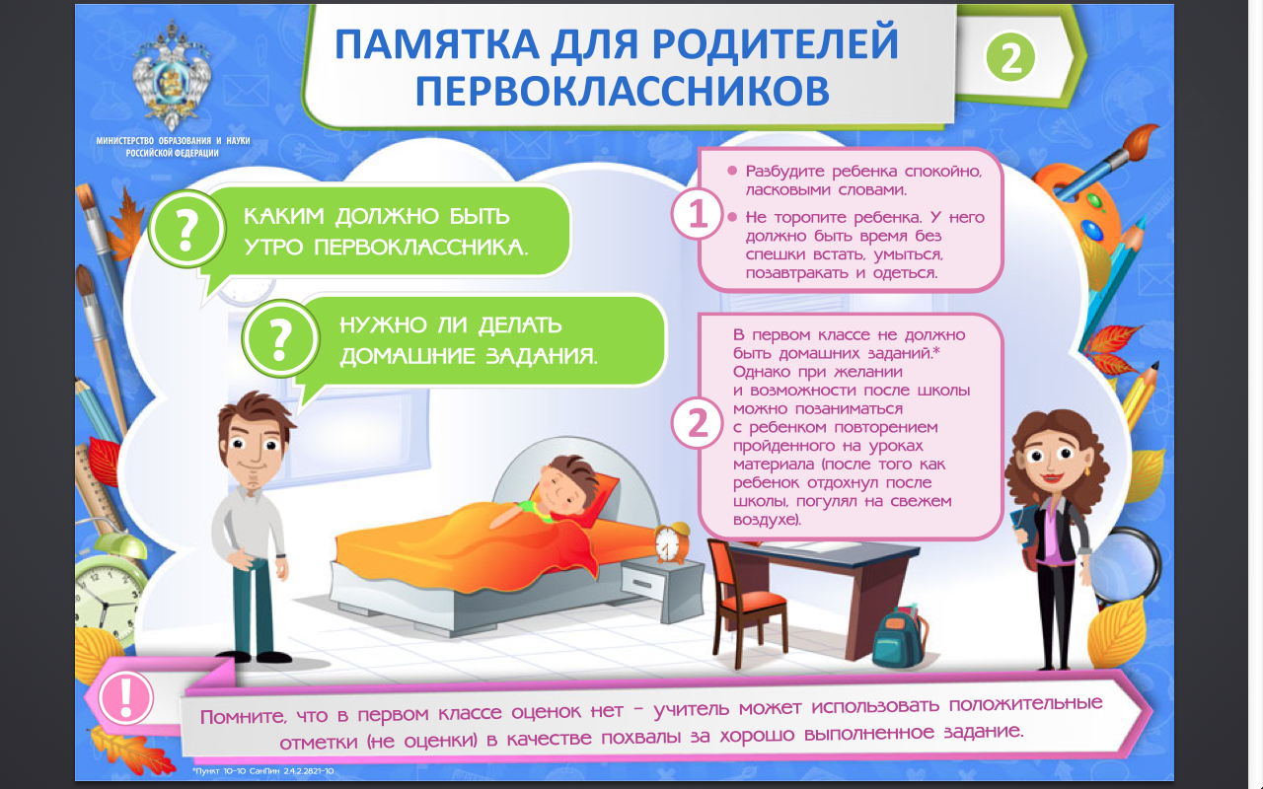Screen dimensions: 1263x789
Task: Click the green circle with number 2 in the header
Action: tap(1009, 57)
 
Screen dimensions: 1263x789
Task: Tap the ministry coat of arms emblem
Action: tap(172, 75)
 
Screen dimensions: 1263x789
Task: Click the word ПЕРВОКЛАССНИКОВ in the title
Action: tap(622, 92)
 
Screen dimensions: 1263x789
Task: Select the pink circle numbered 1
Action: tap(698, 214)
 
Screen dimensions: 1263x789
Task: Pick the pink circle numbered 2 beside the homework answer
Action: tap(698, 423)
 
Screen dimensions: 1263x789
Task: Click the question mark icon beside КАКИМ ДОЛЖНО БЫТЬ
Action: tap(187, 229)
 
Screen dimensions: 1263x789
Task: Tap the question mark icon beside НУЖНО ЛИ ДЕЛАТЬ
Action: tap(280, 338)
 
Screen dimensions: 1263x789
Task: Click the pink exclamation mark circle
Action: tap(125, 697)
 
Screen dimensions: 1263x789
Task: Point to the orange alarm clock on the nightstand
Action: tap(672, 542)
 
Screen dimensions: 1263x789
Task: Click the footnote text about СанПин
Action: tap(262, 771)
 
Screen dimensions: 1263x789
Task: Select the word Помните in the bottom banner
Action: tap(243, 717)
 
